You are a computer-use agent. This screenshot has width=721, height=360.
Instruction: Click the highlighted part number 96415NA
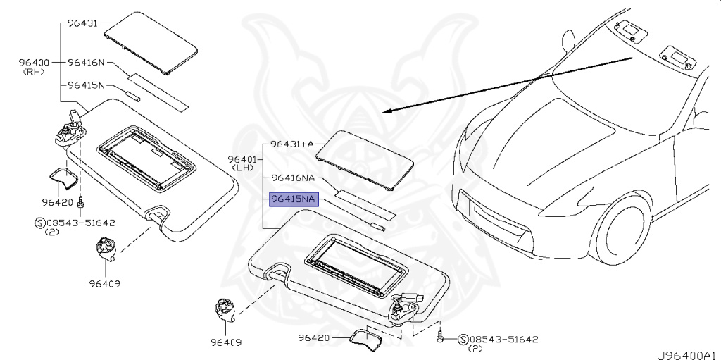click(294, 200)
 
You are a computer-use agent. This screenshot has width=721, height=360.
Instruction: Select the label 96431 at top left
click(82, 24)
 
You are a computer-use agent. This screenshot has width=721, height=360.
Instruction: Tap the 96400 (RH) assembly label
click(34, 66)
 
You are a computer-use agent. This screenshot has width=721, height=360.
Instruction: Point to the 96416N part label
click(87, 63)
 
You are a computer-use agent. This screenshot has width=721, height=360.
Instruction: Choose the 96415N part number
click(87, 85)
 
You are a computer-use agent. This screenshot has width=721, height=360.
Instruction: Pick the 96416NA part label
click(294, 178)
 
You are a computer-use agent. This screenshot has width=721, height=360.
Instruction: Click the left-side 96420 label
click(58, 202)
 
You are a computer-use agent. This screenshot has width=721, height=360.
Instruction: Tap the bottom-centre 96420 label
click(313, 338)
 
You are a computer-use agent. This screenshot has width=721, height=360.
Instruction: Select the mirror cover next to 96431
click(150, 40)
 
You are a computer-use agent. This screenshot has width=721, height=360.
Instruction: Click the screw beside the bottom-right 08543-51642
click(441, 337)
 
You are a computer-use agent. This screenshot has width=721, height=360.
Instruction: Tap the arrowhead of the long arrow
click(386, 111)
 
